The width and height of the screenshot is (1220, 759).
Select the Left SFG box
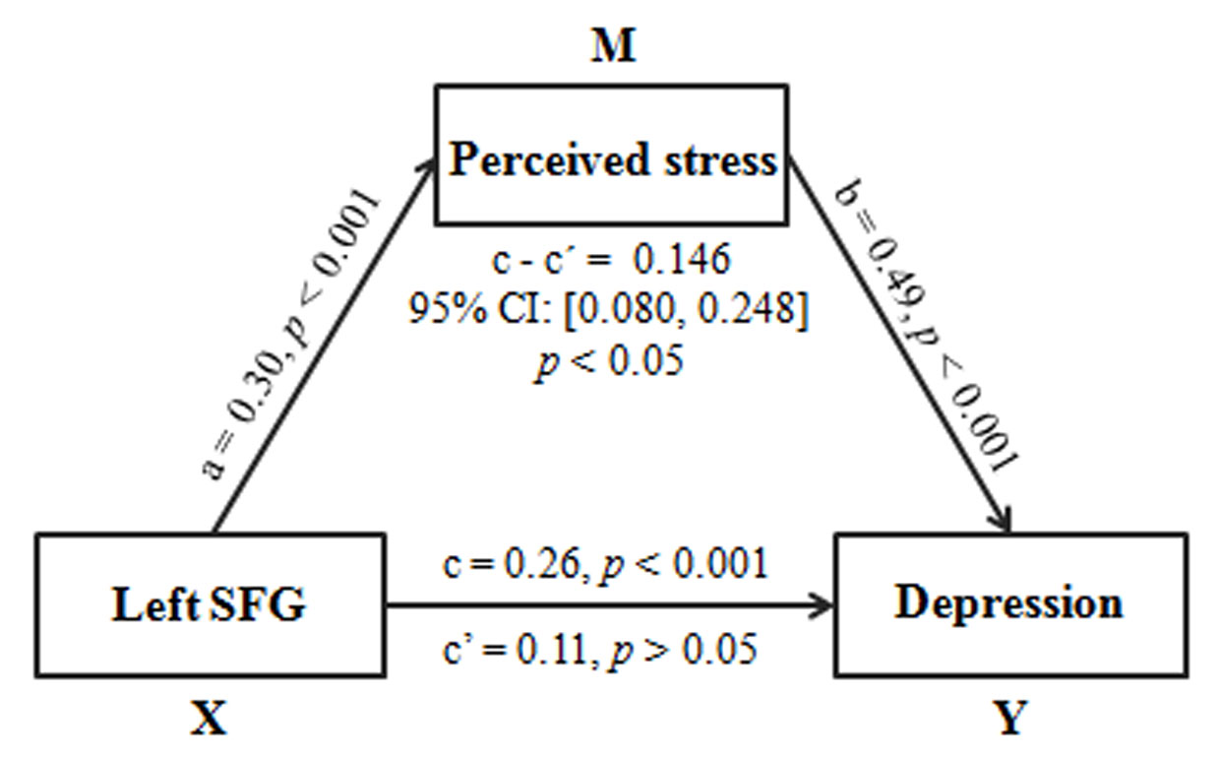(x=211, y=604)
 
